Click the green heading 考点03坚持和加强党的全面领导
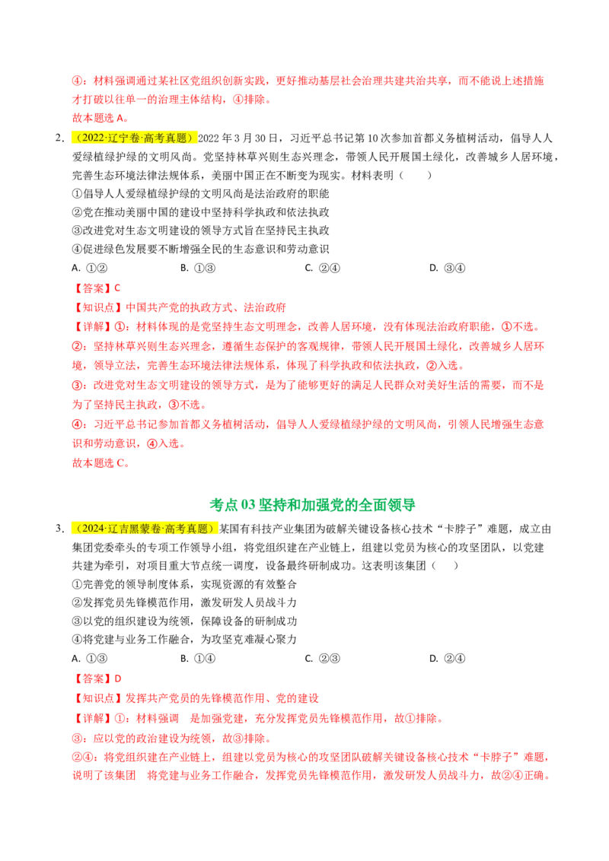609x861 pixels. click(312, 504)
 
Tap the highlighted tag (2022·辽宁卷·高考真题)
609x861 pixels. click(134, 138)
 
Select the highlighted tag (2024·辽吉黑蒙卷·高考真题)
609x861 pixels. click(145, 529)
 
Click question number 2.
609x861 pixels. click(60, 138)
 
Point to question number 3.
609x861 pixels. click(60, 529)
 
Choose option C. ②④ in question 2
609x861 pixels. click(323, 268)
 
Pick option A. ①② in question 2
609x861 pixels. click(90, 268)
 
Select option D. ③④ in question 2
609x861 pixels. click(448, 268)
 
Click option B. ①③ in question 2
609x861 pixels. click(198, 268)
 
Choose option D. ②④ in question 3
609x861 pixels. click(448, 659)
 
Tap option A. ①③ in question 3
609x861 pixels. click(90, 659)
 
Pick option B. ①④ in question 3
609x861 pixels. click(198, 659)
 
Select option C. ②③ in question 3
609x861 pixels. click(323, 659)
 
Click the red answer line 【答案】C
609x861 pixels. click(97, 288)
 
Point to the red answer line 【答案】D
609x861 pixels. click(97, 678)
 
